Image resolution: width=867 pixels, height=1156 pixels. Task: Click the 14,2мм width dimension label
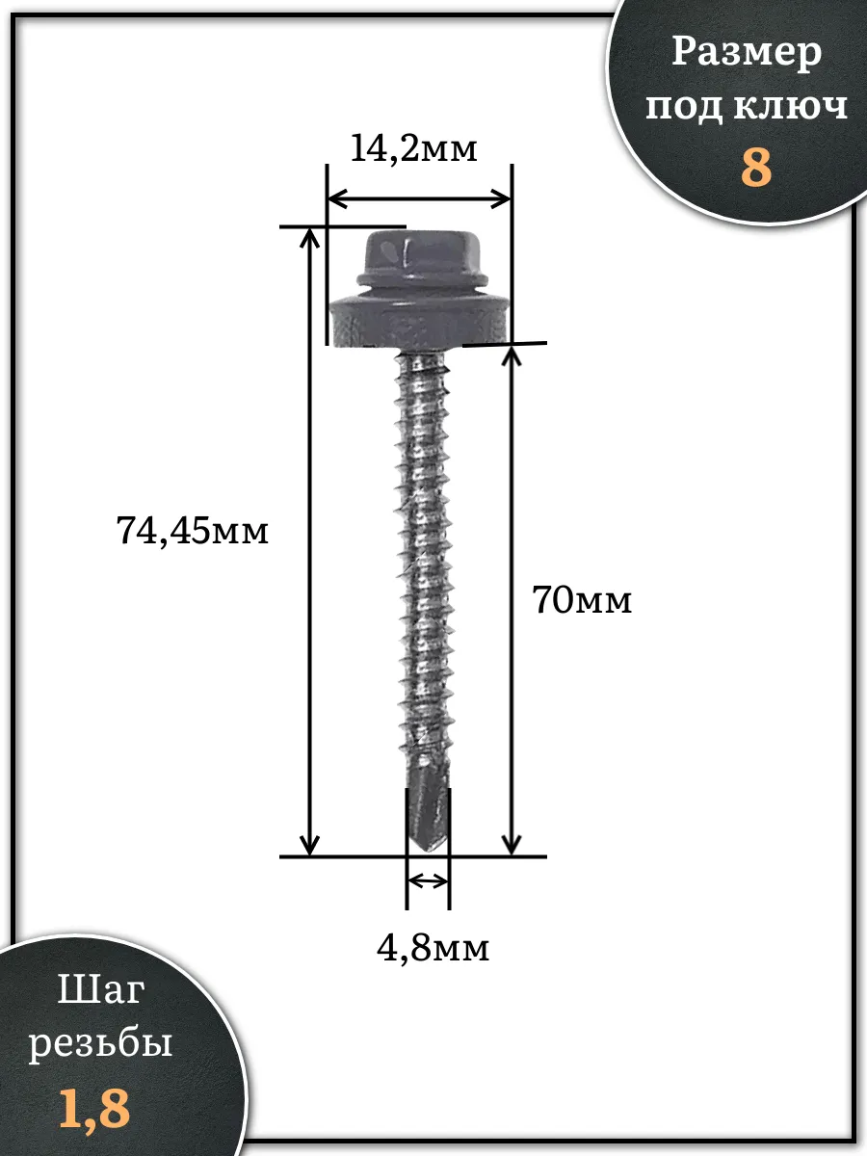(413, 149)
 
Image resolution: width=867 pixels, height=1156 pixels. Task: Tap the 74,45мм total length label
(192, 531)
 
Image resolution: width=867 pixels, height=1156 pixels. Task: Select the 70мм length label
(582, 599)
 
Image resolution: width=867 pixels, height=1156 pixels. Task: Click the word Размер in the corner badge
(747, 54)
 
